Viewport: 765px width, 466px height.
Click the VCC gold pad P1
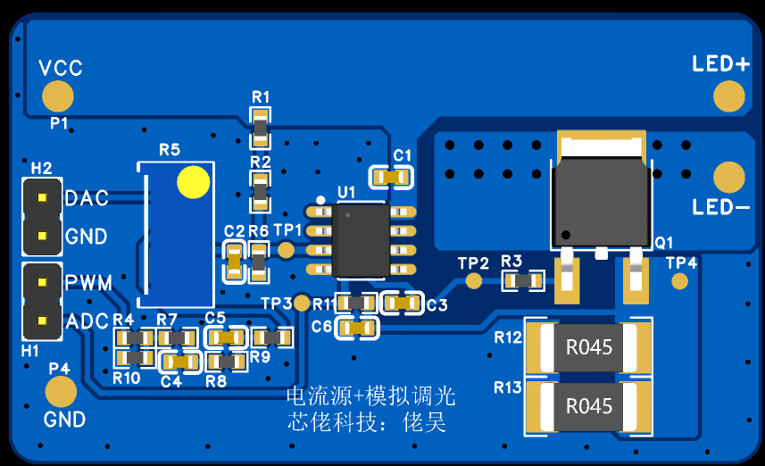(58, 96)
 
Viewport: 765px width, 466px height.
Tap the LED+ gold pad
(729, 96)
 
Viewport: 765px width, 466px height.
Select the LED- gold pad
(729, 177)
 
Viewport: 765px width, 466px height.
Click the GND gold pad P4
(61, 391)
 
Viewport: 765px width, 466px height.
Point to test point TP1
(286, 250)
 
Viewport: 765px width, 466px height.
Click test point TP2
(474, 281)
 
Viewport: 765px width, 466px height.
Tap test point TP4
(680, 281)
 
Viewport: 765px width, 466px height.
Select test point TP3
(302, 304)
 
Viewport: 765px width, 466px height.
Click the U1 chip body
(361, 240)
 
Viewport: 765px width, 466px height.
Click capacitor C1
(392, 177)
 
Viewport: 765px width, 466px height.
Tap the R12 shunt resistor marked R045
(589, 346)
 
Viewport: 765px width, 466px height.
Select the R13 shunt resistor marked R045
(589, 406)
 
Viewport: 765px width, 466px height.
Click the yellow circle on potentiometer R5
(193, 182)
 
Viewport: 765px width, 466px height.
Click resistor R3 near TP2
(523, 281)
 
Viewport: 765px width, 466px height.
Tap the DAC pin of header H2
(41, 197)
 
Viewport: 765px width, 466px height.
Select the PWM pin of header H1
(41, 284)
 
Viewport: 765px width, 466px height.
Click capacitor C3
(403, 304)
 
